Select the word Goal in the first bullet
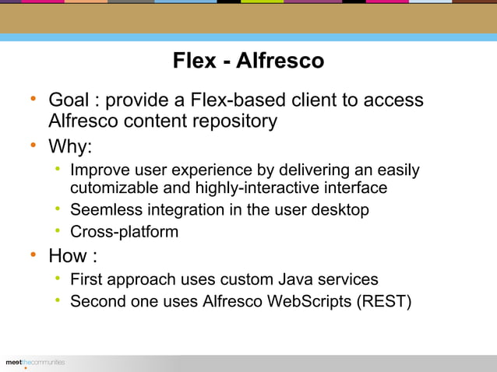[68, 100]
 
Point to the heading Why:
[70, 147]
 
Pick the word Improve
[98, 170]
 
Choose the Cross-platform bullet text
[124, 232]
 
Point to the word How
[67, 256]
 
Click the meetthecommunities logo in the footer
[35, 363]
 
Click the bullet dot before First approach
[58, 278]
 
